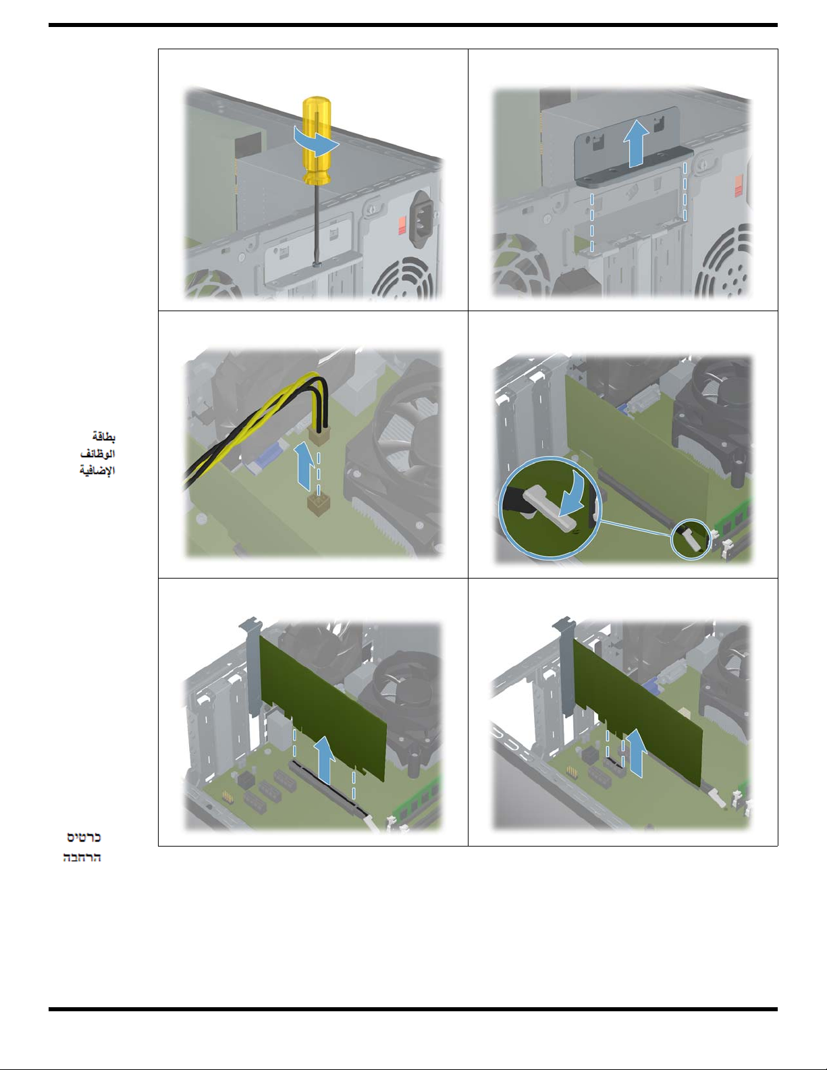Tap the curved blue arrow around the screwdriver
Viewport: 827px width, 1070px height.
coord(317,141)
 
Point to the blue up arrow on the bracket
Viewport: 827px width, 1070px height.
coord(636,144)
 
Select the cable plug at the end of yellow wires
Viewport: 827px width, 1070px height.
coord(319,435)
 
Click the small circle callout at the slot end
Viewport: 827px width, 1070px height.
coord(691,539)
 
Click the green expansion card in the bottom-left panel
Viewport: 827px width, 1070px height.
coord(323,705)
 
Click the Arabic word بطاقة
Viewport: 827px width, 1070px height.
coord(103,436)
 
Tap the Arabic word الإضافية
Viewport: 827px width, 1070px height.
coord(97,471)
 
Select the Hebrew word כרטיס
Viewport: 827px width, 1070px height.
coord(84,837)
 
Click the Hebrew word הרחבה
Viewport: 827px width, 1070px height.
coord(82,857)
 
